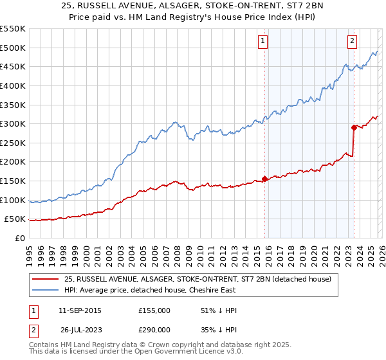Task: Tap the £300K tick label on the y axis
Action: (13, 123)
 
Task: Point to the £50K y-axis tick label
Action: (15, 219)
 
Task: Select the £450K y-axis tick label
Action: (13, 66)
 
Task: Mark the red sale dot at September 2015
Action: (264, 179)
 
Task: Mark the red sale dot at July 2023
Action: (354, 127)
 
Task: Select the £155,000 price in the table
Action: (154, 310)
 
